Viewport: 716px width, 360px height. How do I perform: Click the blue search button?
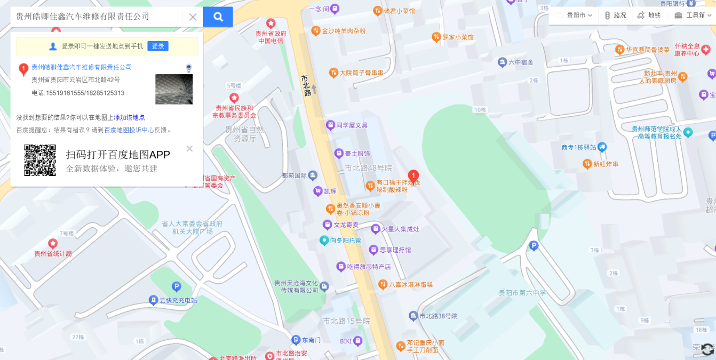point(218,17)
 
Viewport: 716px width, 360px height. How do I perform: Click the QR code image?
point(40,160)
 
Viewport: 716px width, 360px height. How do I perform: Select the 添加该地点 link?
point(129,117)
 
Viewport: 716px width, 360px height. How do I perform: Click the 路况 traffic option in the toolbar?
point(615,15)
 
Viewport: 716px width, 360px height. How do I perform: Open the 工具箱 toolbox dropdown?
point(692,15)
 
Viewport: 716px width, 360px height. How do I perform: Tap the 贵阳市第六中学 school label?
point(522,293)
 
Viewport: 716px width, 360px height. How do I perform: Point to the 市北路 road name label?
point(306,85)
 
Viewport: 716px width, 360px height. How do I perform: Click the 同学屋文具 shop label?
point(352,125)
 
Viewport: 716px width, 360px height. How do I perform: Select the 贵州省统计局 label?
point(53,253)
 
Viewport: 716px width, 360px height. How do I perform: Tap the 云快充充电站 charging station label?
point(178,300)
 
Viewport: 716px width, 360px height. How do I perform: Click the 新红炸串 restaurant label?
point(606,164)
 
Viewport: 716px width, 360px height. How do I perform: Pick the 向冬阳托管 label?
point(345,241)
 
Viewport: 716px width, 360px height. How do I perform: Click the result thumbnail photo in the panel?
point(174,89)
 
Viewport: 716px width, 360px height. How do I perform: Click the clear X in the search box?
point(193,17)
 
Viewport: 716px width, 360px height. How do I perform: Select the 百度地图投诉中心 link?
point(129,130)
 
